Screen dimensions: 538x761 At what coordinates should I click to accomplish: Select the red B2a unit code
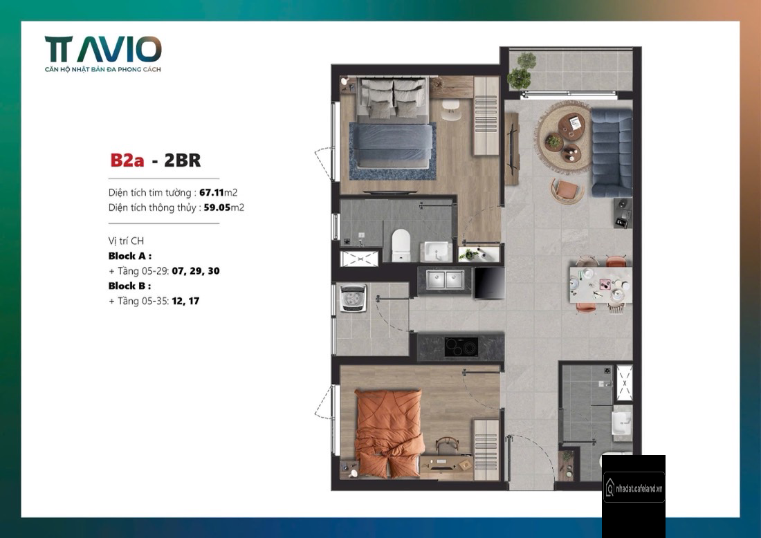127,160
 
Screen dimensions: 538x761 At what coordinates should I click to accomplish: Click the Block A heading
130,256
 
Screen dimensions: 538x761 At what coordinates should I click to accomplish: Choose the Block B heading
129,286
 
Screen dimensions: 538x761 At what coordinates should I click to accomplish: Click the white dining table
600,283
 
